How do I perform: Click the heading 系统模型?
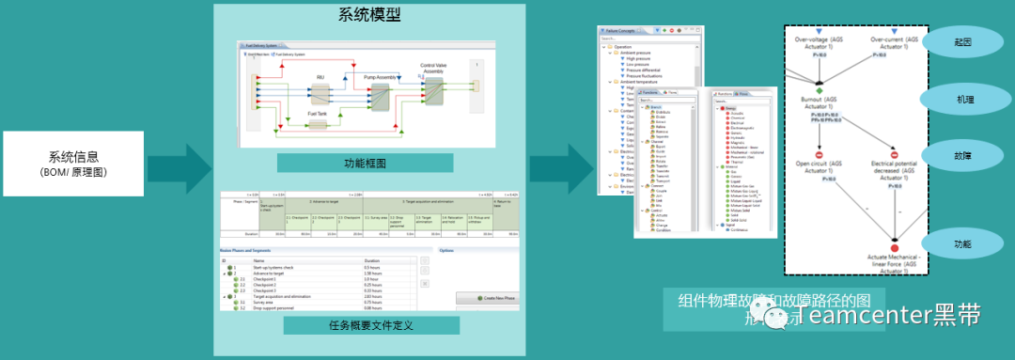tap(369, 15)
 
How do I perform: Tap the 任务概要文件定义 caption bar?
tap(371, 325)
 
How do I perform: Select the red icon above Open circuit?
tap(818, 154)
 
